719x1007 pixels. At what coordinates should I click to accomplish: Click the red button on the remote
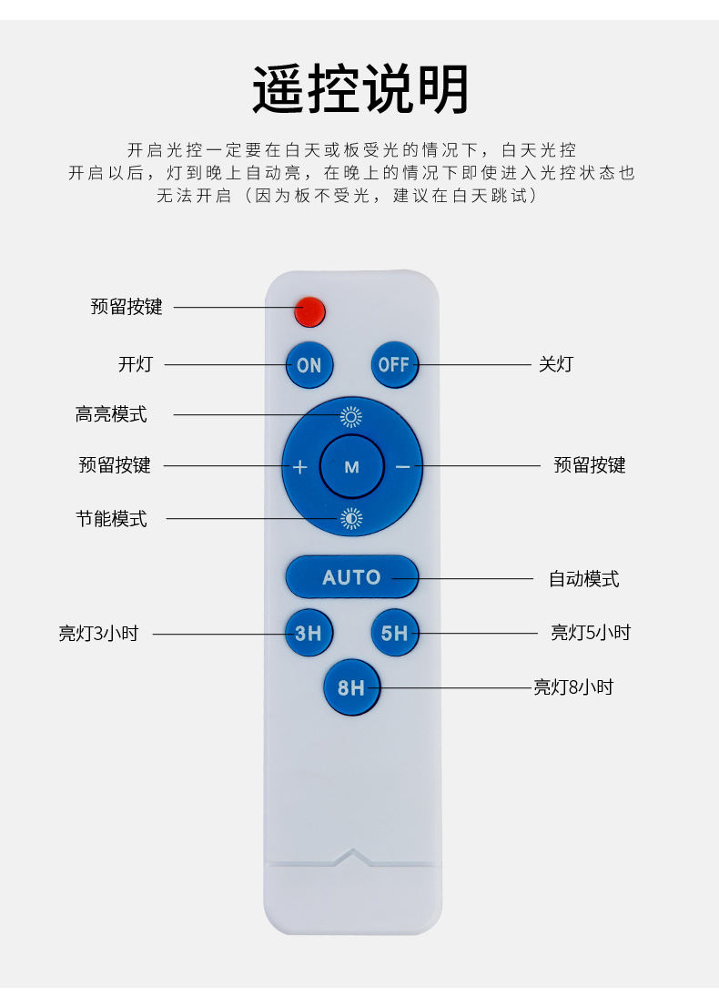coord(309,311)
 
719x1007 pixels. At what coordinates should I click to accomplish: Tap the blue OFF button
coord(394,364)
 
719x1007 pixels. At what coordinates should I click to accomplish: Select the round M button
coord(351,467)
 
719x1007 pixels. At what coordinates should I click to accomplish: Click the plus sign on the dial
coord(300,467)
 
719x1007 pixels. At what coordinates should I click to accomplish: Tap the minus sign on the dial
coord(403,467)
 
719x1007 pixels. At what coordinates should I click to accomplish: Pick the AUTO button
coord(351,577)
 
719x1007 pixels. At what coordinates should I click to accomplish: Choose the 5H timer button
coord(394,633)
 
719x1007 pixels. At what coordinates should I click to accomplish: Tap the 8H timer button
coord(351,687)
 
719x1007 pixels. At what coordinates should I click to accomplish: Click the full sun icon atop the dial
coord(351,417)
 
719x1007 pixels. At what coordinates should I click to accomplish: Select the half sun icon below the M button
coord(351,519)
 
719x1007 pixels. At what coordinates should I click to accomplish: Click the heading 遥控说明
coord(360,89)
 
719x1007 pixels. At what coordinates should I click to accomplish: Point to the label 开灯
coord(136,365)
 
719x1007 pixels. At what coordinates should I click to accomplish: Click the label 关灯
coord(556,364)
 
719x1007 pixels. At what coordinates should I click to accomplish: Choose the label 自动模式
coord(583,579)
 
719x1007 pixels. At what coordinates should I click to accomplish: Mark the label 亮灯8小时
coord(573,687)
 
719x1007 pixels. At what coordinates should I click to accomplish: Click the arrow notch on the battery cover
coord(352,856)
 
